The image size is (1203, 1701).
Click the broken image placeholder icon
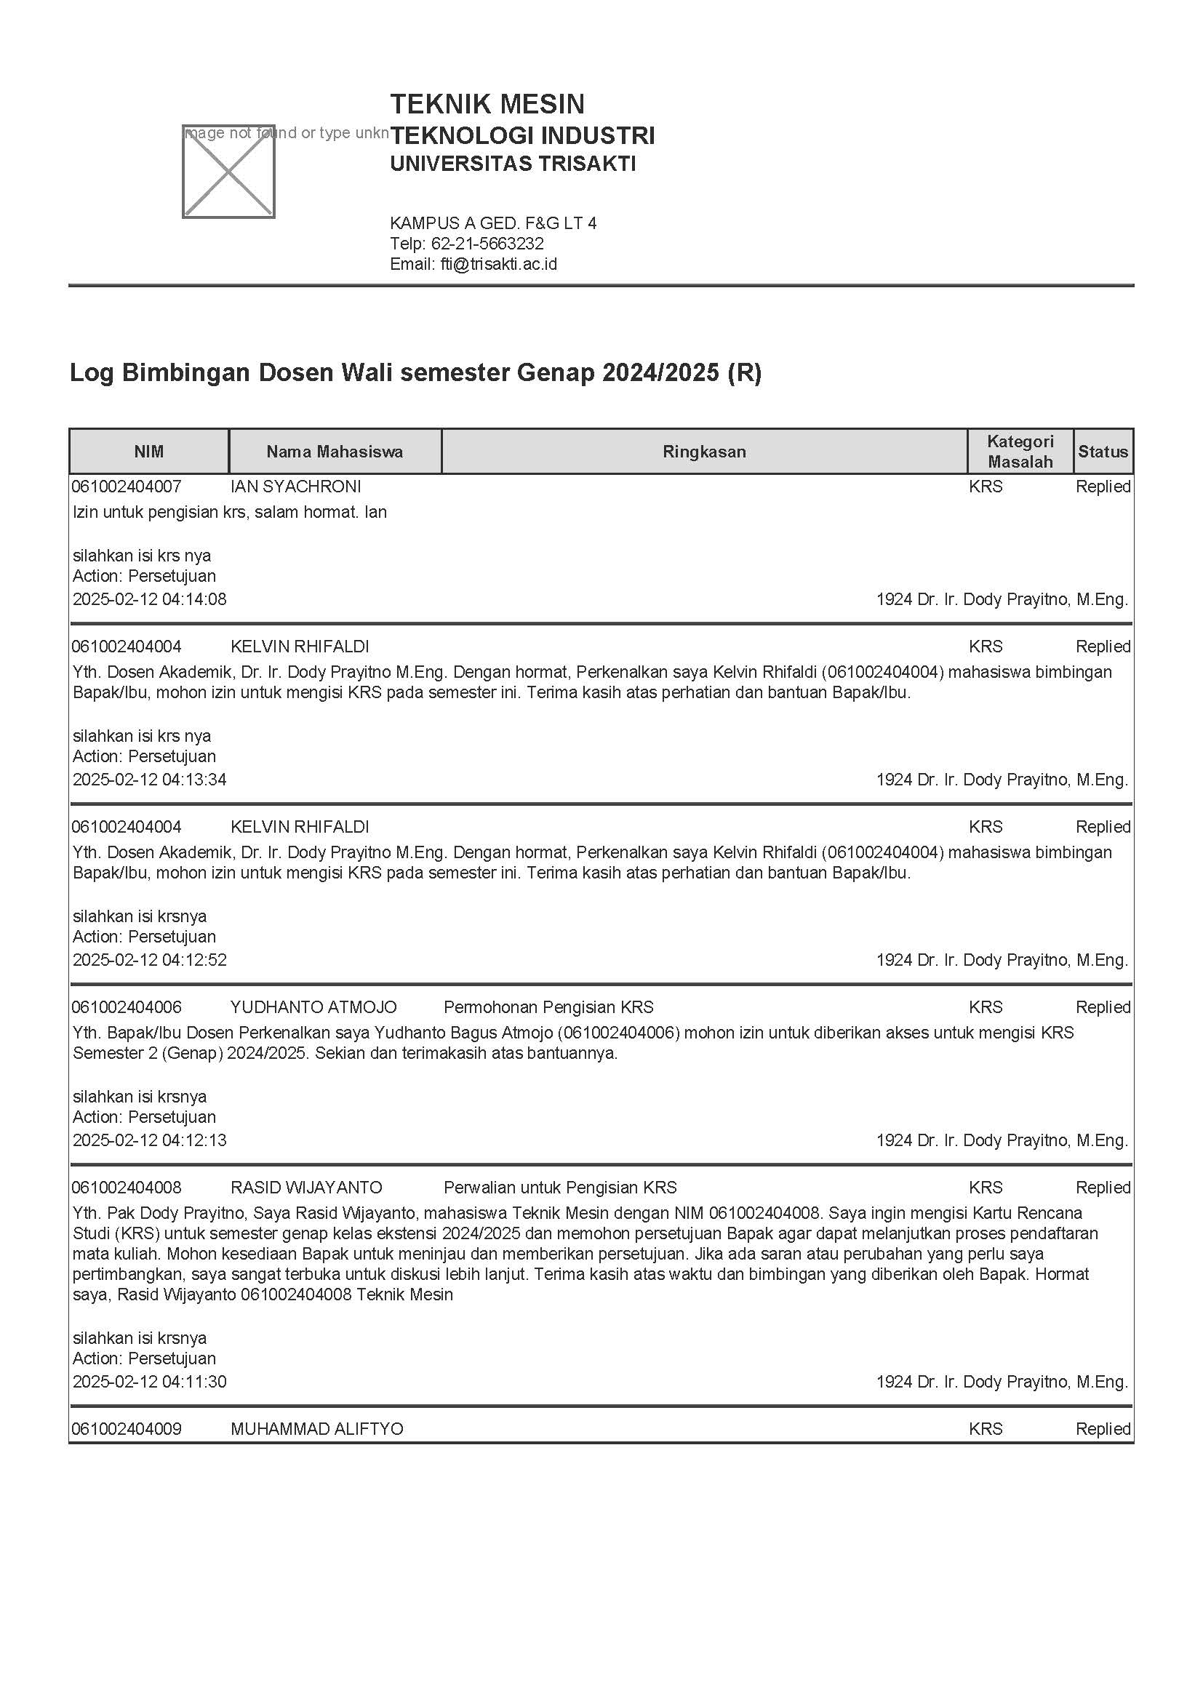[228, 172]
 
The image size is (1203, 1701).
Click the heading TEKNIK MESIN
[487, 104]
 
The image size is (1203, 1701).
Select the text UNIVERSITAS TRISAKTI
[513, 164]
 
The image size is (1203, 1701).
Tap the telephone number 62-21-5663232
[487, 244]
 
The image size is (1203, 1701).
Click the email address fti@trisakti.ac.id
[497, 265]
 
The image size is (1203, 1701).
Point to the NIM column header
[149, 452]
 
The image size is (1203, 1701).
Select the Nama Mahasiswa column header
[335, 452]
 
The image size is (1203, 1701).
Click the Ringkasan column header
[704, 452]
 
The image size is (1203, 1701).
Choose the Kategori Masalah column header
[1019, 452]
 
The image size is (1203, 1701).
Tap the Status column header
[1102, 452]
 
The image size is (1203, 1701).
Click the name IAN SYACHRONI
[295, 487]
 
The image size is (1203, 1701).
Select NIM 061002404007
[127, 487]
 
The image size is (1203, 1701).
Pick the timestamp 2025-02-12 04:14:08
[150, 599]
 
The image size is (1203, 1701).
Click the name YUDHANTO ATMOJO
[313, 1007]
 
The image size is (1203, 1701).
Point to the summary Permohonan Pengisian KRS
[548, 1007]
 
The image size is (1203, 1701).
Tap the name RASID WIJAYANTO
[306, 1188]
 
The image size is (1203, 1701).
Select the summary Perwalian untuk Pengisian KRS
[560, 1188]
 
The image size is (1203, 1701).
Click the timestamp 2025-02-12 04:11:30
[150, 1382]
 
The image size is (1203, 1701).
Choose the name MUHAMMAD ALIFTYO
[316, 1429]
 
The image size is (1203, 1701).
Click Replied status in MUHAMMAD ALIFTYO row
[1102, 1429]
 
